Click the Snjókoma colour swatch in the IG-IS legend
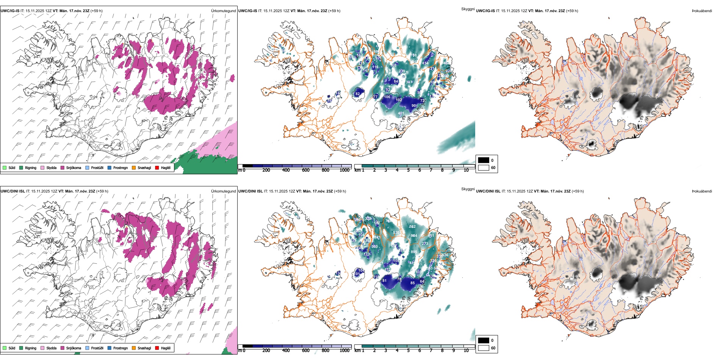63,168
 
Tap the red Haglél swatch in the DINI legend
157,348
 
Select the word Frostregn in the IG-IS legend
121,168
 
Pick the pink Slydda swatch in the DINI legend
42,348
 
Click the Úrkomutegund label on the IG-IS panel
223,11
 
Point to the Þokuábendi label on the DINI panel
702,191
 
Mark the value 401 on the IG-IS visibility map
401,113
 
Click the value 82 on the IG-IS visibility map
358,94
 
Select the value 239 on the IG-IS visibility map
402,71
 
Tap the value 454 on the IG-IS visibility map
425,63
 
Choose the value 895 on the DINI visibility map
414,252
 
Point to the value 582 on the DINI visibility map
412,227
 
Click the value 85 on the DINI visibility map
412,283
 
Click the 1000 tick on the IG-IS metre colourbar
344,170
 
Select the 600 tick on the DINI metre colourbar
305,351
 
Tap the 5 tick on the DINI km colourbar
408,351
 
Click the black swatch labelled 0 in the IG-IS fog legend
484,160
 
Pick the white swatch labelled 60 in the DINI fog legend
484,348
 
